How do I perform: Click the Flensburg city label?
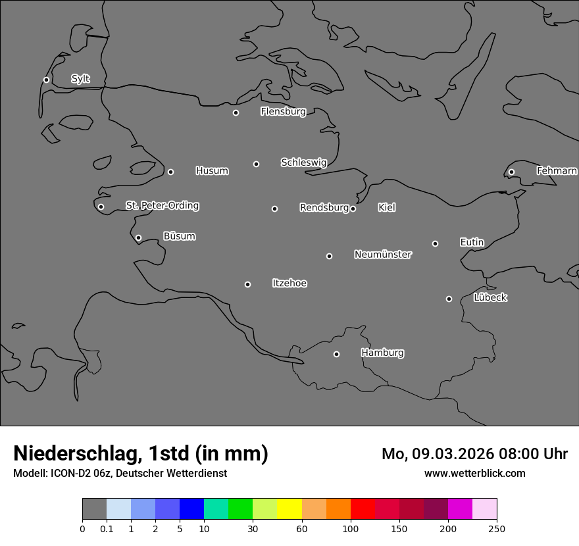coord(283,112)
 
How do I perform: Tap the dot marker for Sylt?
coord(46,80)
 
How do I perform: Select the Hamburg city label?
coord(382,353)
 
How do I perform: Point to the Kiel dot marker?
coord(353,209)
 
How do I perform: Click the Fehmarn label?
coord(557,171)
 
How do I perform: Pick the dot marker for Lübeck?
coord(449,299)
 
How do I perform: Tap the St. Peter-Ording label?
coord(162,206)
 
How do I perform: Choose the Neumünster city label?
coord(383,255)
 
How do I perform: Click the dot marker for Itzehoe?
coord(247,285)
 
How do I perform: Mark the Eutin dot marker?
coord(435,243)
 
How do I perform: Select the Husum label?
coord(212,171)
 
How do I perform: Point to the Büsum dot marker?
coord(138,238)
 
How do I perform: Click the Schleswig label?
coord(303,162)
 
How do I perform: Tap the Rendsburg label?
coord(324,208)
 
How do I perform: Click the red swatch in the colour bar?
coord(363,509)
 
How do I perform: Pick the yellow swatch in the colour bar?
coord(289,509)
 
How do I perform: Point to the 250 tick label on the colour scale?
coord(497,528)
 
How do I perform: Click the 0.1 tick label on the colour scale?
coord(107,528)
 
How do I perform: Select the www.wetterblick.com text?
coord(474,474)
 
